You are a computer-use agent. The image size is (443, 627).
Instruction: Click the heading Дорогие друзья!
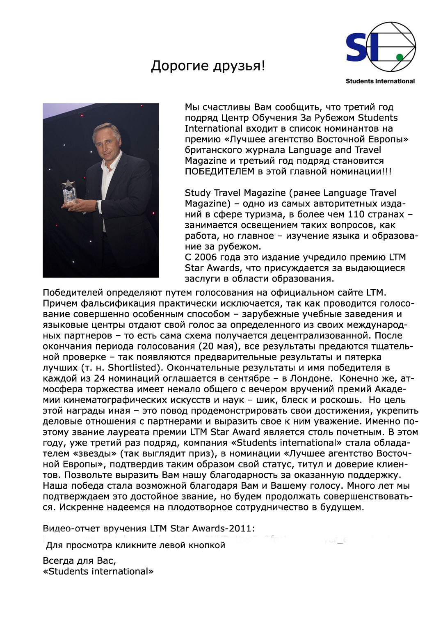click(208, 66)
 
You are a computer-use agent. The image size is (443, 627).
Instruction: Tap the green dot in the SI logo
click(400, 57)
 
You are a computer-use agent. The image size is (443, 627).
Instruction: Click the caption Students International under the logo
click(380, 81)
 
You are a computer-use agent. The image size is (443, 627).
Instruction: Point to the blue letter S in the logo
click(357, 48)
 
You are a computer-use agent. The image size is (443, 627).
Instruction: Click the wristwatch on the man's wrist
click(97, 205)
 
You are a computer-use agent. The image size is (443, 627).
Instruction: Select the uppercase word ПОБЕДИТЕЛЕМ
click(219, 172)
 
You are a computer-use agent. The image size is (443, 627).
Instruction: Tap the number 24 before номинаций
click(99, 378)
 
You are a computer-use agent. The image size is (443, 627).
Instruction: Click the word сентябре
click(249, 378)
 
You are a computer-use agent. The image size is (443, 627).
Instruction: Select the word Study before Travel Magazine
click(198, 193)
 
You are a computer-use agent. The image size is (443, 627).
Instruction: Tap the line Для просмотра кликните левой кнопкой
click(135, 545)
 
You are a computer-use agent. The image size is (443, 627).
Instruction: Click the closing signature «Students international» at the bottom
click(98, 572)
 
